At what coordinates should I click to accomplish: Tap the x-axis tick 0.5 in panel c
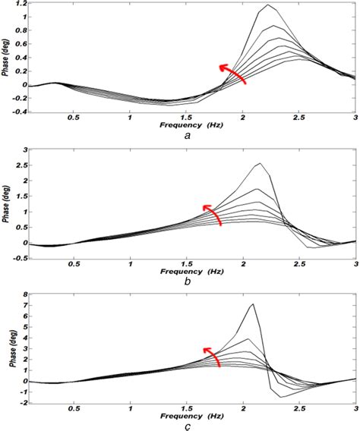[x=73, y=407]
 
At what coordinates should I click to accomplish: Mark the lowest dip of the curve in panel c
[x=280, y=397]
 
